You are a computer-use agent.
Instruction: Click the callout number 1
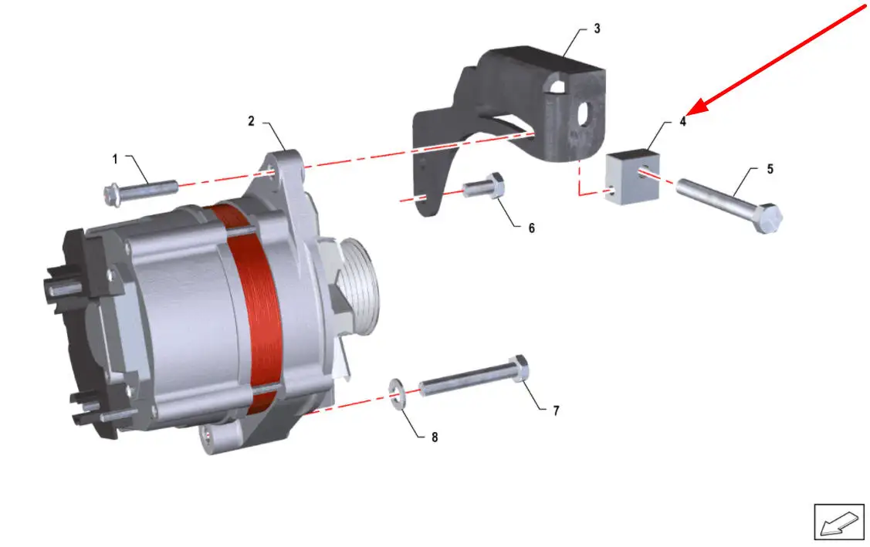115,159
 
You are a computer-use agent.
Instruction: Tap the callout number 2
252,121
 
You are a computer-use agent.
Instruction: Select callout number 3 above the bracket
597,29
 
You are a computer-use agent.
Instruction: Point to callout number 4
683,121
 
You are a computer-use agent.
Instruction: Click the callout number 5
770,169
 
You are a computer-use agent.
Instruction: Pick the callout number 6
532,228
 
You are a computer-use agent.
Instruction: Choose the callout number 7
556,410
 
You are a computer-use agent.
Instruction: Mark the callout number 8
435,437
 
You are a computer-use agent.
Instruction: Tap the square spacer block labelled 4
632,177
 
